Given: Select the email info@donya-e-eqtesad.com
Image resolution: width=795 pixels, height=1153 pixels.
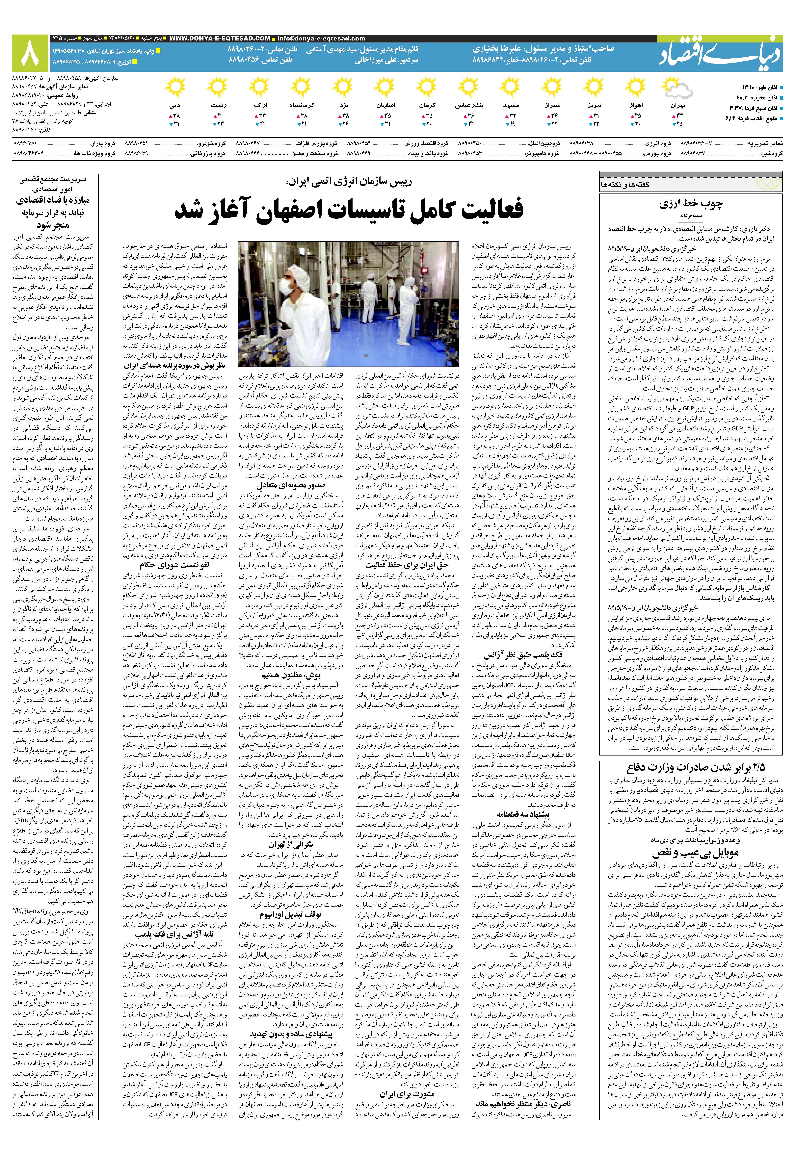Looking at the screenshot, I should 321,38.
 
